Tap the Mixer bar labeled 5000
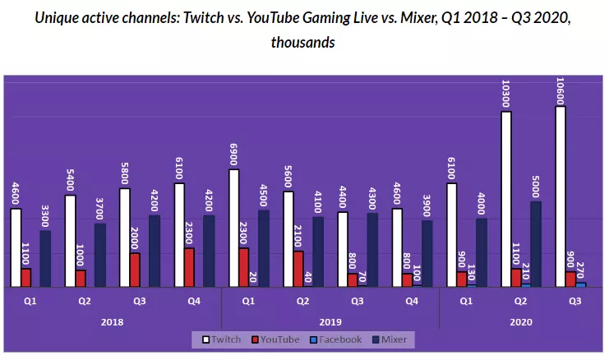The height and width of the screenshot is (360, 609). coord(536,243)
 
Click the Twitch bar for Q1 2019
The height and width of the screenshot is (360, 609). coord(234,228)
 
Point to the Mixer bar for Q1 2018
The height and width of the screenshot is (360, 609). coord(44,258)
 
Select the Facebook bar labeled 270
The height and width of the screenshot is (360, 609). coord(581,284)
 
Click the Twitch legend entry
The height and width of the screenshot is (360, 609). coord(222,339)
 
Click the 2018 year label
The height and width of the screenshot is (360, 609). coord(112,321)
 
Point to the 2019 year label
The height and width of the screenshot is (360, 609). coord(330,321)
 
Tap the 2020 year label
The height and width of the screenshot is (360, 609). coord(521,321)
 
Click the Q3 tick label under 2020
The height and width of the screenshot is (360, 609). coord(576,302)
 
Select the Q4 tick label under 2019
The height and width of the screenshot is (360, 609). coord(412,302)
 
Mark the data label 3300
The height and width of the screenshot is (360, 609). coord(44,215)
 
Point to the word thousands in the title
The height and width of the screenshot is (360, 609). coord(302,41)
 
